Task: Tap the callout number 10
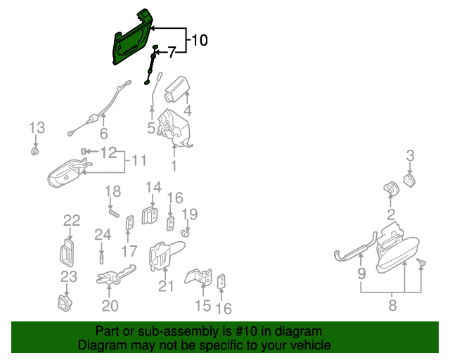(x=199, y=40)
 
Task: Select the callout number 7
(x=172, y=52)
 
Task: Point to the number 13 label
(x=37, y=127)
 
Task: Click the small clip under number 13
(x=35, y=151)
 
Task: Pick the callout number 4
(x=188, y=110)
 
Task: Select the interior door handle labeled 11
(x=67, y=173)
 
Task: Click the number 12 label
(x=108, y=153)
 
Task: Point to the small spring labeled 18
(x=114, y=214)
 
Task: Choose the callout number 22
(x=72, y=221)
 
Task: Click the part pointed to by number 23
(x=65, y=304)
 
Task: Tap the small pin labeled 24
(x=101, y=259)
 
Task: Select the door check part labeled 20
(x=115, y=275)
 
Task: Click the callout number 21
(x=166, y=286)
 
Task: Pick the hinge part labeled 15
(x=198, y=277)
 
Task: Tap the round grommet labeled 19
(x=186, y=233)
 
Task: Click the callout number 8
(x=392, y=305)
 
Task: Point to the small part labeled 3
(x=409, y=181)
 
